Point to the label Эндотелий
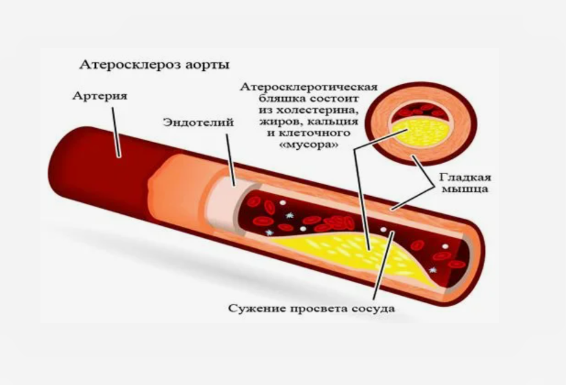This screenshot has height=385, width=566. click(x=198, y=122)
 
